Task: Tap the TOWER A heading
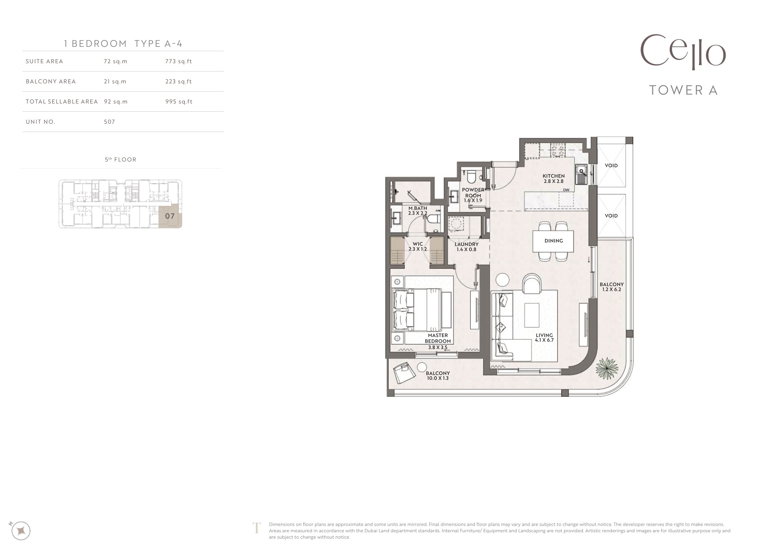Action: point(684,90)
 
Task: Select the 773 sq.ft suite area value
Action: point(179,61)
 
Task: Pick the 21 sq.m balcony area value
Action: point(115,81)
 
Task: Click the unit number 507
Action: point(109,122)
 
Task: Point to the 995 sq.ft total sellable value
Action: point(179,102)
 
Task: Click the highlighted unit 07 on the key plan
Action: point(170,216)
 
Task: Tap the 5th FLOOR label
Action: point(121,159)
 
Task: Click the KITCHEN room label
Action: point(553,176)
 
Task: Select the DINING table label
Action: point(553,241)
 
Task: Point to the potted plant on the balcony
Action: point(607,368)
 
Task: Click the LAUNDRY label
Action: point(467,244)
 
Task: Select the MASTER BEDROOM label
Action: point(438,338)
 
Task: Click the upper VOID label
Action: point(611,165)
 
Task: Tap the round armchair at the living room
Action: point(532,283)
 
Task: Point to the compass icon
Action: point(21,531)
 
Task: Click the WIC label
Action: point(418,244)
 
